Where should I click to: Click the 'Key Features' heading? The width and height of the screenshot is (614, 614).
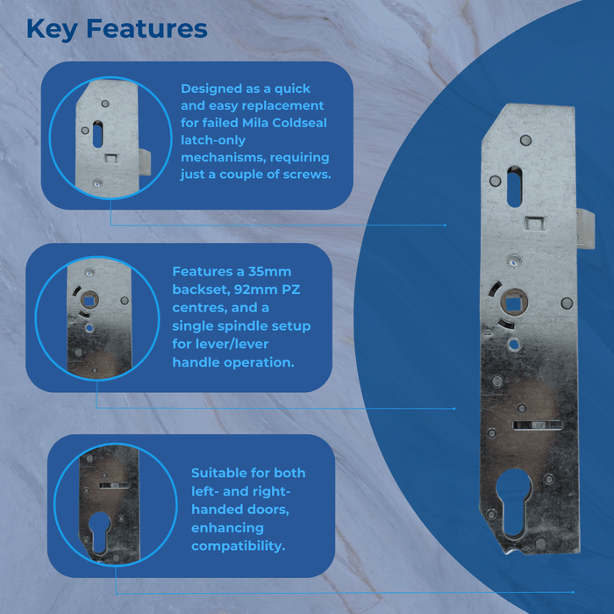coord(117,29)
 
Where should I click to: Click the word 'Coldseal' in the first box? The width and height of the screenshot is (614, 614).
coord(299,123)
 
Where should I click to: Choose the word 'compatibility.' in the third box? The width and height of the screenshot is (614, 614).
coord(238,546)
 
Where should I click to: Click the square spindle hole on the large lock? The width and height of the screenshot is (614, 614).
coord(512,303)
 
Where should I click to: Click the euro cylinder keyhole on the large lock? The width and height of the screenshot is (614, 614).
coord(513,503)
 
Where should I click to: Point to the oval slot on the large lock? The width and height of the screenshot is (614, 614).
coord(514,186)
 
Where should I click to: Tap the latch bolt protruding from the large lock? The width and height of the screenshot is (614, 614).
coord(585,229)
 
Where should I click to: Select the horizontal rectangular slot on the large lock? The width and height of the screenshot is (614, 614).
coord(537,425)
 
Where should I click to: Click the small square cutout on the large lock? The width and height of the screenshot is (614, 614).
coord(534,224)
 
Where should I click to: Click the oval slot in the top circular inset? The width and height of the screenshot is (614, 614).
coord(98,134)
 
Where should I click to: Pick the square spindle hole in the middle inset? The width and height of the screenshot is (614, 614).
coord(89,301)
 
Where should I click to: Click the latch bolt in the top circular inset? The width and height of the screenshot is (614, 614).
coord(145,162)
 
